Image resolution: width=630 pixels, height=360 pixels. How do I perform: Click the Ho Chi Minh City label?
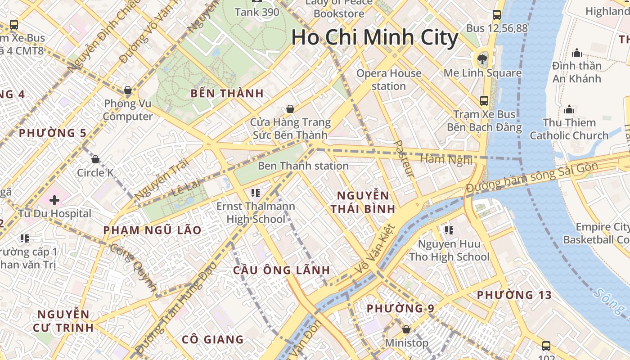pos(374,37)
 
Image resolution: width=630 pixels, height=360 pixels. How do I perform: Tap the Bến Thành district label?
pos(227,94)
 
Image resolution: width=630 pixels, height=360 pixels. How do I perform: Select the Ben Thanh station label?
pos(303,166)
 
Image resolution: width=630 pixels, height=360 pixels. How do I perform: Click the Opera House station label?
pos(389,79)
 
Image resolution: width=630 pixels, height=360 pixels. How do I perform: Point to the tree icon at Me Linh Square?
pos(482,58)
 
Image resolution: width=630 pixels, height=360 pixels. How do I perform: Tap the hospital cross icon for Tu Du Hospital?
pos(54,200)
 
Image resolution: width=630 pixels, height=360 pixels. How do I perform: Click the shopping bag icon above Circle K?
pos(95,159)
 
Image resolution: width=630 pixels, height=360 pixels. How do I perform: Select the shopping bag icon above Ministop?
pos(406,330)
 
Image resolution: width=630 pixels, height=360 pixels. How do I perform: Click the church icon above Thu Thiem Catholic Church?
pos(569,109)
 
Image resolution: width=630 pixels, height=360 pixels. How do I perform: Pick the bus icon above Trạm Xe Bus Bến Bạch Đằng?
pos(484,101)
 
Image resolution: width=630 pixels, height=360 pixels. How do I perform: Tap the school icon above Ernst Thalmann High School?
pos(256,193)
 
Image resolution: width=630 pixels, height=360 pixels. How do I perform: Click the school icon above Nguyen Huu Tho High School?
pos(449,230)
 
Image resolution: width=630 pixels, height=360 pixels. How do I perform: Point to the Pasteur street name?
pos(404,158)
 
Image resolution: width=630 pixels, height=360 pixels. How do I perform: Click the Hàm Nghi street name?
pos(445,159)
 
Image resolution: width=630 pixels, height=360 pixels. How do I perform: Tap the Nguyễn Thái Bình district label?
pos(363,202)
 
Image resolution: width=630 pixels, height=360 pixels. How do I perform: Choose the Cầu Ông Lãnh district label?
pos(281,270)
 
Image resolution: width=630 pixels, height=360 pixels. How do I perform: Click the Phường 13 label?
pos(514,295)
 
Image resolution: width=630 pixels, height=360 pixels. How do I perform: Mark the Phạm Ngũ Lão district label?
pos(152,230)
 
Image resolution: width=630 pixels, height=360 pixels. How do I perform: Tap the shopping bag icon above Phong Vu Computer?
pos(128,90)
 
